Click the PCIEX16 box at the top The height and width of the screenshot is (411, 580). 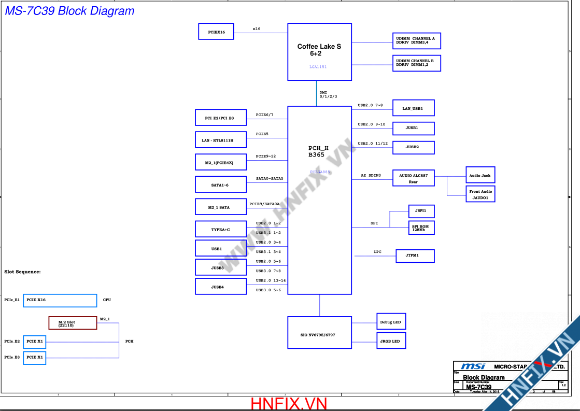click(216, 32)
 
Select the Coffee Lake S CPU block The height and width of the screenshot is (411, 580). click(319, 51)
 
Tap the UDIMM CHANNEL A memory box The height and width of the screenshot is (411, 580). click(417, 40)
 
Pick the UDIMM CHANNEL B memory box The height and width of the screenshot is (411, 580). click(417, 63)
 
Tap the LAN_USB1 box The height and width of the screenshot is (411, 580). click(413, 108)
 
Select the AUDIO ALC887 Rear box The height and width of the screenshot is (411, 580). click(413, 178)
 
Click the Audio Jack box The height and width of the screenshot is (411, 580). click(479, 175)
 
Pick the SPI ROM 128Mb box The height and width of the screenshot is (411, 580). click(421, 228)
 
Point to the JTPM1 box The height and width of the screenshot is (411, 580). click(413, 256)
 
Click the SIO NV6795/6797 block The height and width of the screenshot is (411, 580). click(319, 334)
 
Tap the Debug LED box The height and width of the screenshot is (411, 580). click(391, 322)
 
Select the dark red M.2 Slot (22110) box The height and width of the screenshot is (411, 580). click(73, 323)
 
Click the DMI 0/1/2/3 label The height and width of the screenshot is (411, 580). click(328, 94)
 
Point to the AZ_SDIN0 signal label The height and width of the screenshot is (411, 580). click(371, 176)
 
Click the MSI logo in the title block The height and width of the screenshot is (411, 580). click(473, 366)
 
